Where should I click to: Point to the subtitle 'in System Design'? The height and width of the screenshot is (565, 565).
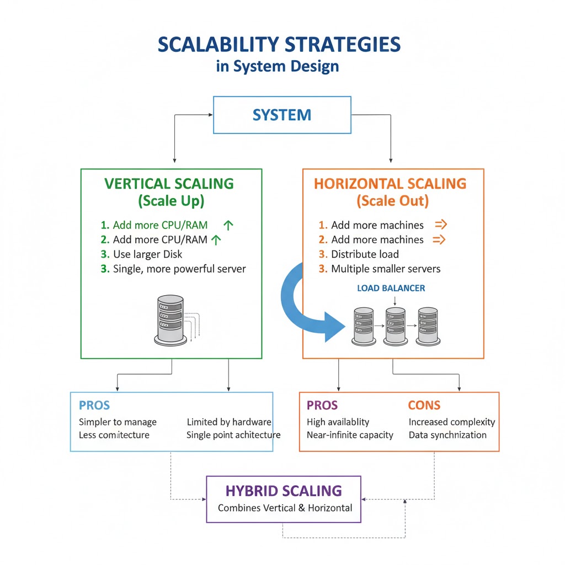tap(278, 67)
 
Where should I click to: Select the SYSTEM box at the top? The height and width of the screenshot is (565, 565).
tap(282, 115)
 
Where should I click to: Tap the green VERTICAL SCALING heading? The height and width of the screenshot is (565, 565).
tap(169, 184)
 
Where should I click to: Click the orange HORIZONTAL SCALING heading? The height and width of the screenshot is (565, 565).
tap(390, 184)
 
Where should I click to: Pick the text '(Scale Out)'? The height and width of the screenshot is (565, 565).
tap(392, 201)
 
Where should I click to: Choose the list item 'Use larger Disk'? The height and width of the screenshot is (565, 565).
tap(147, 254)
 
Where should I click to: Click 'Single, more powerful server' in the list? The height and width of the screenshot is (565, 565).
tap(179, 269)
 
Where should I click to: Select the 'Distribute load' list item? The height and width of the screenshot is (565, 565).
tap(365, 254)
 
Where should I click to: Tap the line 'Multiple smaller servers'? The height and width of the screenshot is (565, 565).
tap(386, 269)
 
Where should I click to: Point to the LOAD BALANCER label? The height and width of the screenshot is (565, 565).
tap(391, 288)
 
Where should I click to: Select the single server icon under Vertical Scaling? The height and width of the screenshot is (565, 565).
tap(169, 318)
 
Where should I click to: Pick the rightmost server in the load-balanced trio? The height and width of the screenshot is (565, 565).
tap(428, 326)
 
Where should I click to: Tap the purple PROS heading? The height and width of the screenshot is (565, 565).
tap(322, 406)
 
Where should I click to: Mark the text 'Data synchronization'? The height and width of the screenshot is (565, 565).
tap(447, 435)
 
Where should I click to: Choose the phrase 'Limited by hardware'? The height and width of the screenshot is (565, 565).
tap(229, 422)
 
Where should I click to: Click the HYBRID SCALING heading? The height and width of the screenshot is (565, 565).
tap(284, 491)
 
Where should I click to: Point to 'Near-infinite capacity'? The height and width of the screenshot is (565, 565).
tap(350, 435)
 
